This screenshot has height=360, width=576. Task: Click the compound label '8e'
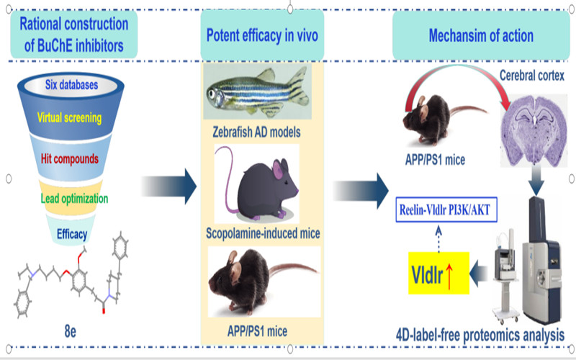(71, 332)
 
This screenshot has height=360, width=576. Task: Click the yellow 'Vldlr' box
(438, 272)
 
